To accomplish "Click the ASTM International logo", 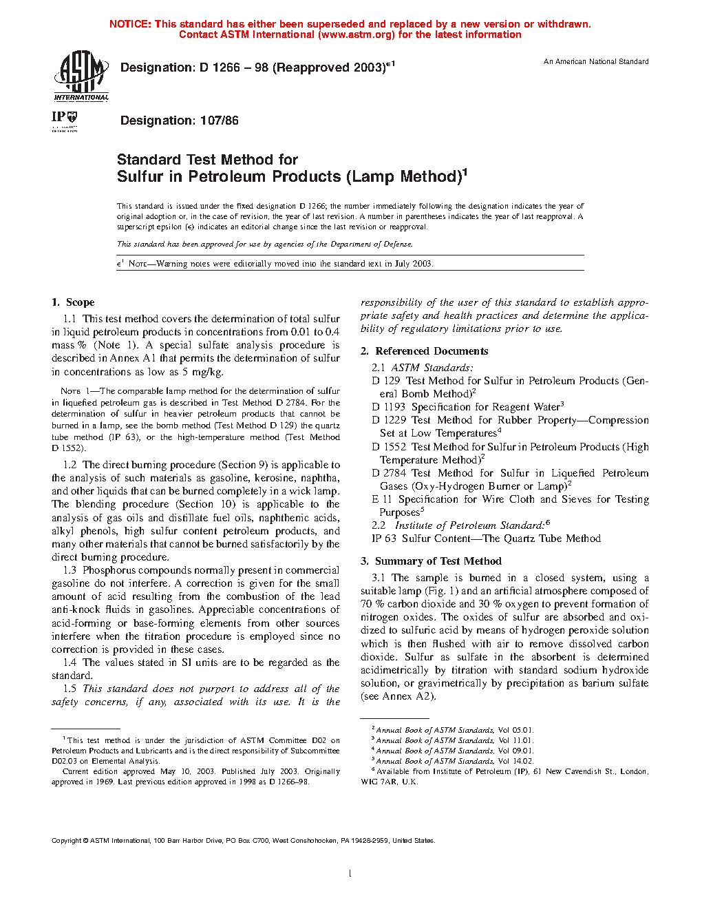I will tap(81, 76).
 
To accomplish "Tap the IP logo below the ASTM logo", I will tap(65, 119).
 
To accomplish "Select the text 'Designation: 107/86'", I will tap(179, 121).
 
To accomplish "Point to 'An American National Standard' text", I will tap(596, 62).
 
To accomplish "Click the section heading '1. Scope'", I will tap(73, 302).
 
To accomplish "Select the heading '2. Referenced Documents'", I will tap(424, 351).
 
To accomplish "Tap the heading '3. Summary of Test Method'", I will tap(431, 561).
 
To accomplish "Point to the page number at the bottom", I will tap(350, 874).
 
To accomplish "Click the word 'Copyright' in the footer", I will tap(67, 841).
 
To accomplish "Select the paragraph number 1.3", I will tap(70, 570).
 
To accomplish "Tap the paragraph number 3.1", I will tap(379, 578).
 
